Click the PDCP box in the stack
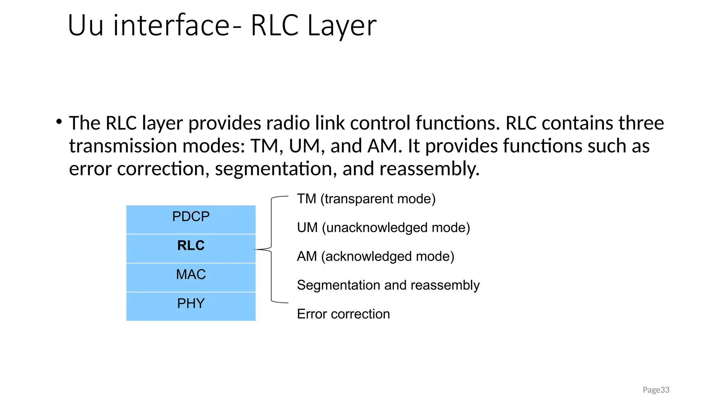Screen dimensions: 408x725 coord(191,219)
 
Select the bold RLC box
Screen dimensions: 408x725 coord(191,248)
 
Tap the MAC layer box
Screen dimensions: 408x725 coord(191,277)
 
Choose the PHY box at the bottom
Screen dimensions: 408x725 coord(191,306)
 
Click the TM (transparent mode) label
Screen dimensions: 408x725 coord(366,199)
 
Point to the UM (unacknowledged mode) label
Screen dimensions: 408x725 coord(383,228)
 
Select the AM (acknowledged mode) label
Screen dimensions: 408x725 coord(375,256)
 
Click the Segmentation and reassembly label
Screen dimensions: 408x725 coord(388,285)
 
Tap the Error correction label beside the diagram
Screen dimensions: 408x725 coord(343,314)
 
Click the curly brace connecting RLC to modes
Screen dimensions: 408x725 coord(271,249)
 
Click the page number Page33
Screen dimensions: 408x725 coord(656,390)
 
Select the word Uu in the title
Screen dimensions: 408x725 coord(85,26)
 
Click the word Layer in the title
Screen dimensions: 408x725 coord(342,26)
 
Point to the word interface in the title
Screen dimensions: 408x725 coord(171,26)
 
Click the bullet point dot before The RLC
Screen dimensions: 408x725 coord(59,122)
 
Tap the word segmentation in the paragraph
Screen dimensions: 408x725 coord(273,169)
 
